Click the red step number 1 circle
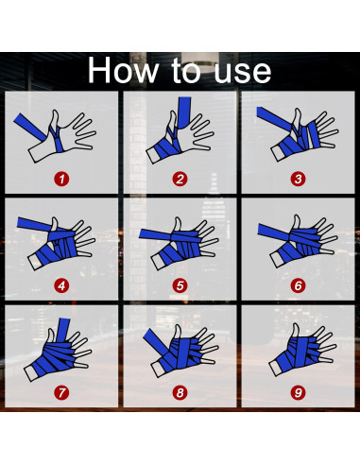(61, 180)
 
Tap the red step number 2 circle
(180, 180)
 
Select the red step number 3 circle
(298, 180)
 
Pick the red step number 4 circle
(61, 285)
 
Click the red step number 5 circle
(180, 285)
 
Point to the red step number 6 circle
(298, 285)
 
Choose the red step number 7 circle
(61, 392)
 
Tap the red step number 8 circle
(180, 392)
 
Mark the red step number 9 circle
(298, 392)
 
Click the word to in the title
(186, 71)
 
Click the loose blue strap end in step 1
(30, 127)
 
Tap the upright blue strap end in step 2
(184, 112)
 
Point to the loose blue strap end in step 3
(273, 118)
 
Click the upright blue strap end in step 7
(63, 330)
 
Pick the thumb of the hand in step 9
(295, 332)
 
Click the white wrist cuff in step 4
(35, 263)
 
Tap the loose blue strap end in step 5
(155, 234)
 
